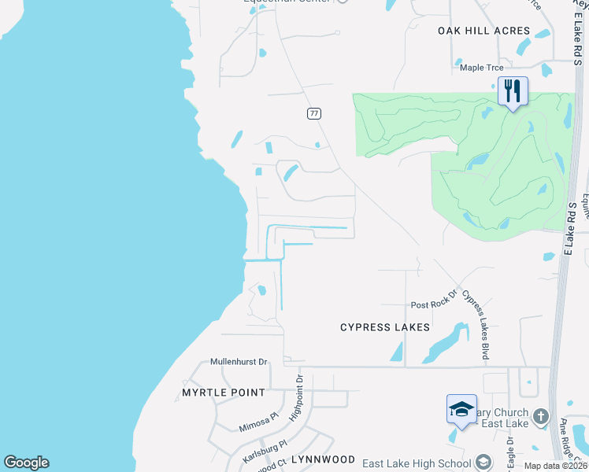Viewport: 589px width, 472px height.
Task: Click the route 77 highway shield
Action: click(314, 113)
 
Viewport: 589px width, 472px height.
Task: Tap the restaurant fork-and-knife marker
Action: click(513, 90)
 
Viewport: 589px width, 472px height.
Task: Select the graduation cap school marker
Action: click(461, 409)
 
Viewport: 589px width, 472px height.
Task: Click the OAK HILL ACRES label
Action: click(483, 31)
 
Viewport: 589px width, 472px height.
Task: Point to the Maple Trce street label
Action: click(482, 68)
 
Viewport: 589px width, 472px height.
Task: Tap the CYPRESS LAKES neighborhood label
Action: click(385, 327)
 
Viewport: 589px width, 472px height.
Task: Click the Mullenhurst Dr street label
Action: click(239, 362)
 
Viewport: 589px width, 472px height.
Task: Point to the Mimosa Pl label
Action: click(259, 423)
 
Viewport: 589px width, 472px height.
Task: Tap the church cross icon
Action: click(540, 416)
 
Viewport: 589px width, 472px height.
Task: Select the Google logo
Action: click(26, 463)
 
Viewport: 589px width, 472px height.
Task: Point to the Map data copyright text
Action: click(555, 466)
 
